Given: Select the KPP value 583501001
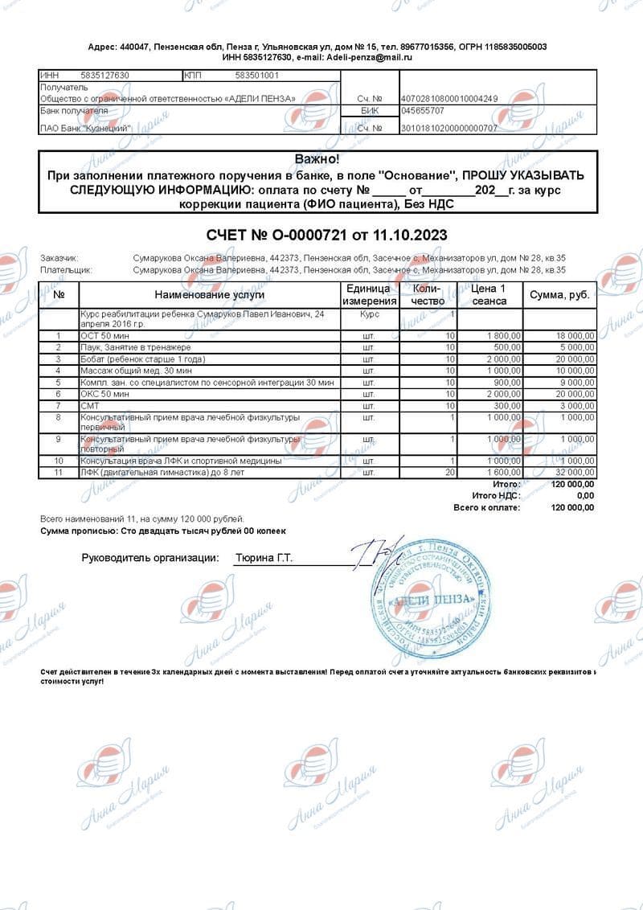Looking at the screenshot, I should pyautogui.click(x=256, y=76).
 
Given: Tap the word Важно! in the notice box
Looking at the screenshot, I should pyautogui.click(x=317, y=160).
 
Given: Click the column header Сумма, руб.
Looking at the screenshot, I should pyautogui.click(x=559, y=295).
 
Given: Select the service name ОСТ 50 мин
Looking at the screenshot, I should pyautogui.click(x=104, y=335).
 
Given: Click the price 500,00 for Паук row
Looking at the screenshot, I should pyautogui.click(x=506, y=347).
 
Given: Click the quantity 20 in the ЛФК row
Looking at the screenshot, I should pyautogui.click(x=451, y=473).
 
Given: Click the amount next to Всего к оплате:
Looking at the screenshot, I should pyautogui.click(x=572, y=508).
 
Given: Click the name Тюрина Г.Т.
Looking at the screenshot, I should pyautogui.click(x=264, y=557).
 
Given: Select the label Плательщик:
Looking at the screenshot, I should pyautogui.click(x=66, y=270).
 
